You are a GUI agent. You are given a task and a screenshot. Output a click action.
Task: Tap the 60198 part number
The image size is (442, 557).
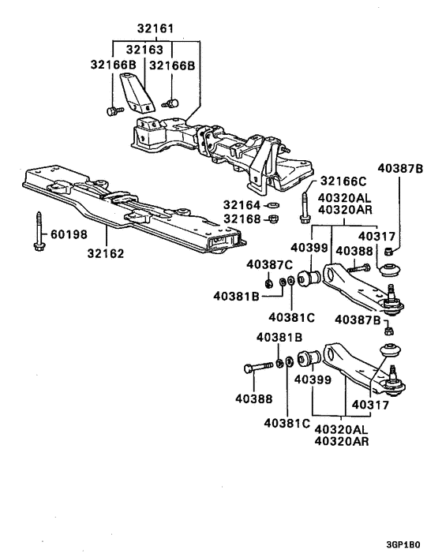click(x=69, y=234)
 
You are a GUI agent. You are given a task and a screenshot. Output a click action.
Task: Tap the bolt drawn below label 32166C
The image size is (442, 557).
click(x=304, y=207)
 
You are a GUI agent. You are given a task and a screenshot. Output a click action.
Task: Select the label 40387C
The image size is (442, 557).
click(x=268, y=264)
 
